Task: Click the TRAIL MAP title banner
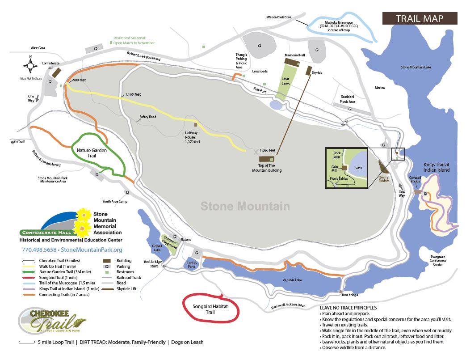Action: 419,18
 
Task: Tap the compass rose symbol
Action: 31,66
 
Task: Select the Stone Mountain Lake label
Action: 416,68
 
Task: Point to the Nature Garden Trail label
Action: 92,153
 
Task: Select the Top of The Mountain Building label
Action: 267,168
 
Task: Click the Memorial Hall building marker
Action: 294,61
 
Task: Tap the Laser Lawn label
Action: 285,81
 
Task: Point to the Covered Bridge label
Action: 415,179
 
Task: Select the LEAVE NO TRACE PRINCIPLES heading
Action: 348,308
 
